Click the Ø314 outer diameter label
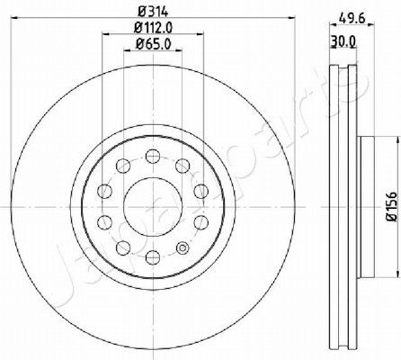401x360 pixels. pyautogui.click(x=153, y=12)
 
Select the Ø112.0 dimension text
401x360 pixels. pyautogui.click(x=153, y=28)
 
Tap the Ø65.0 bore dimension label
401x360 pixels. pyautogui.click(x=153, y=44)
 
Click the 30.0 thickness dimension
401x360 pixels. pyautogui.click(x=343, y=40)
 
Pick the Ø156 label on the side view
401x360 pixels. pyautogui.click(x=392, y=207)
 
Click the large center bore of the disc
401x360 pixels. pyautogui.click(x=153, y=207)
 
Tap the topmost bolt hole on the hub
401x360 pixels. pyautogui.click(x=153, y=157)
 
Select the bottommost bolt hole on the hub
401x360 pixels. pyautogui.click(x=153, y=257)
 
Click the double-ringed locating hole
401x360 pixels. pyautogui.click(x=183, y=247)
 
